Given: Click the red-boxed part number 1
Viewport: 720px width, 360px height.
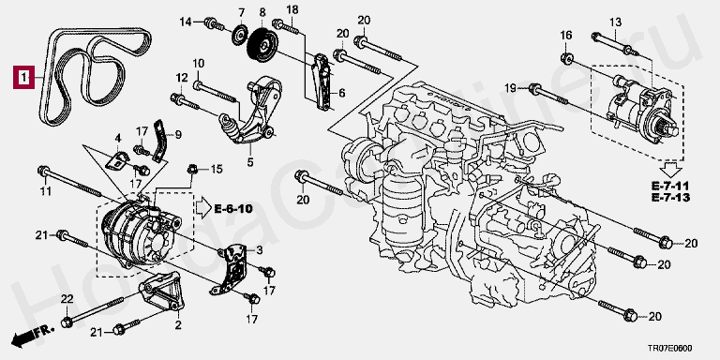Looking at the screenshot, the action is tap(23, 77).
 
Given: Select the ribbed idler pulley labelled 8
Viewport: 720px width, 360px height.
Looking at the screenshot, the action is tap(262, 45).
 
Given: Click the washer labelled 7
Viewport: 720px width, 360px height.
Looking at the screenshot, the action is tap(239, 37).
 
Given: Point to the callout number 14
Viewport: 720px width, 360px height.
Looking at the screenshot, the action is tap(186, 22).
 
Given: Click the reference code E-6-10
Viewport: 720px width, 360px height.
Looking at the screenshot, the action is tap(233, 209).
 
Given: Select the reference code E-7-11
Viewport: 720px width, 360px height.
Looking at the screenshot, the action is tap(671, 186).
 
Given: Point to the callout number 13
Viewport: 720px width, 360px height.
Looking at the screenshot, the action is tap(615, 22).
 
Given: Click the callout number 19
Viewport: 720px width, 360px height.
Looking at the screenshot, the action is tap(511, 88).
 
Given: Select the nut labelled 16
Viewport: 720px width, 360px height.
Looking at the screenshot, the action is tap(566, 59).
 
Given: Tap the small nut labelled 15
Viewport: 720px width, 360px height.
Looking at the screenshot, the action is tap(192, 170).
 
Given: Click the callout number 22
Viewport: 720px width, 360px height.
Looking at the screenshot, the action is tap(67, 299).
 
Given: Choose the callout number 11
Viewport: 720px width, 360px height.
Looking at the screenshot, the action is tap(45, 191).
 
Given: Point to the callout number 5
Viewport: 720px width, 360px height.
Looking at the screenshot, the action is tap(250, 161).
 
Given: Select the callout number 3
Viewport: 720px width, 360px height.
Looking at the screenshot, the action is tap(260, 249).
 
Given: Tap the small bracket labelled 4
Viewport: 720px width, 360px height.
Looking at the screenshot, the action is tap(118, 160).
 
